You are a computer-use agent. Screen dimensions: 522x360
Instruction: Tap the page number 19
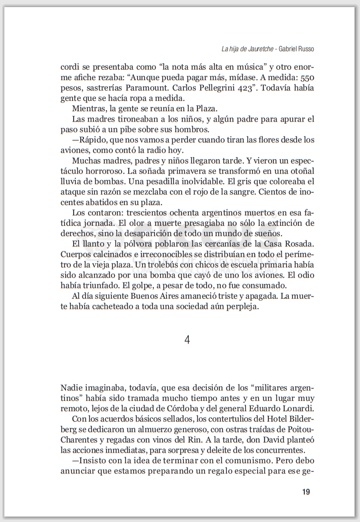click(306, 492)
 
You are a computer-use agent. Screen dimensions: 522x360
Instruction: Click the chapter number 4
click(187, 340)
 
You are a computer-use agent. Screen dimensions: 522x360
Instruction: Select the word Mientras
click(88, 109)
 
